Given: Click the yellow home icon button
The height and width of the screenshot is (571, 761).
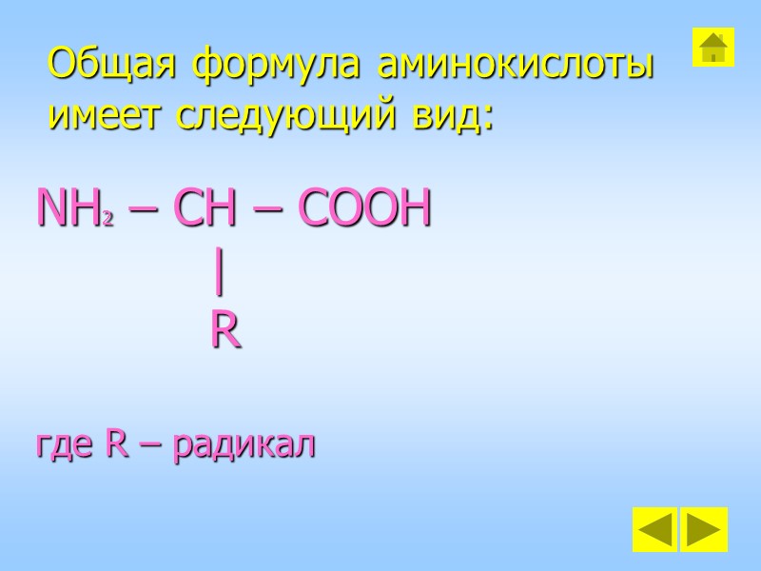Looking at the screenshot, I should click(x=712, y=47).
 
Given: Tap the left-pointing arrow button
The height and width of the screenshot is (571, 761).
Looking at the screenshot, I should click(x=654, y=530).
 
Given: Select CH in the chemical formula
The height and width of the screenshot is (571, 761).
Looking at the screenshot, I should click(x=206, y=209).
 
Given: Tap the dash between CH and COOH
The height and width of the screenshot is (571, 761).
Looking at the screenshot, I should click(x=270, y=212).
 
